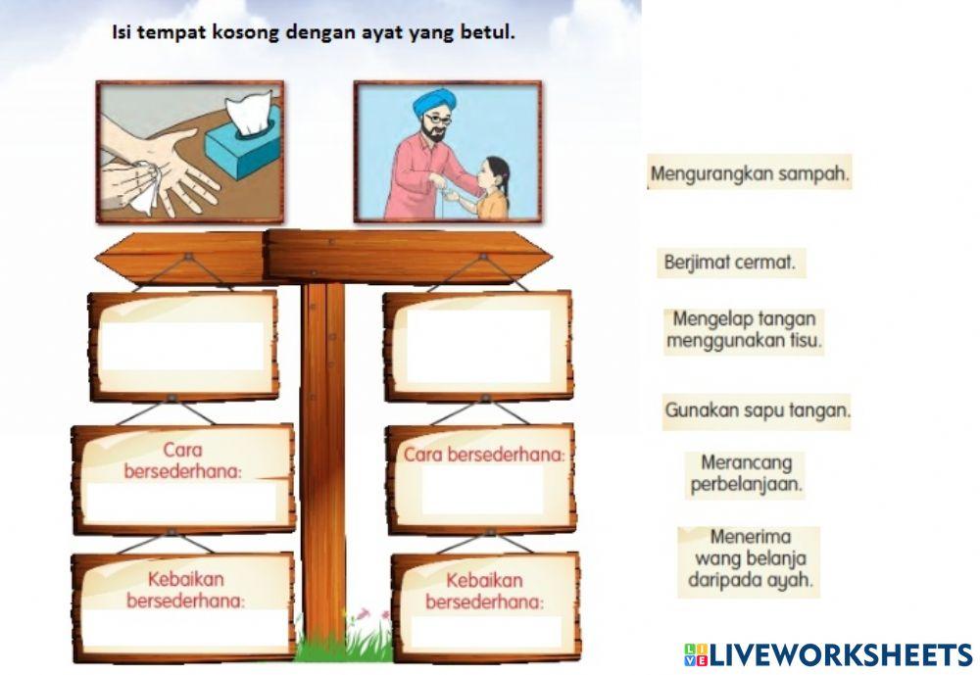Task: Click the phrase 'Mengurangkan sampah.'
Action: point(750,175)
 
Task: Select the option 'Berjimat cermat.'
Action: point(728,263)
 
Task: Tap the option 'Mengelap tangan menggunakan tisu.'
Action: point(744,330)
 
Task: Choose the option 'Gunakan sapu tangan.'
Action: point(757,411)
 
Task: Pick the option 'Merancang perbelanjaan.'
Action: point(747,472)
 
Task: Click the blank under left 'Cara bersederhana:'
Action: point(182,503)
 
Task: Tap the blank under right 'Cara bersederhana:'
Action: point(482,490)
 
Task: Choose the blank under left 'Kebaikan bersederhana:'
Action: point(182,628)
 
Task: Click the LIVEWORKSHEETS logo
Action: point(827,654)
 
